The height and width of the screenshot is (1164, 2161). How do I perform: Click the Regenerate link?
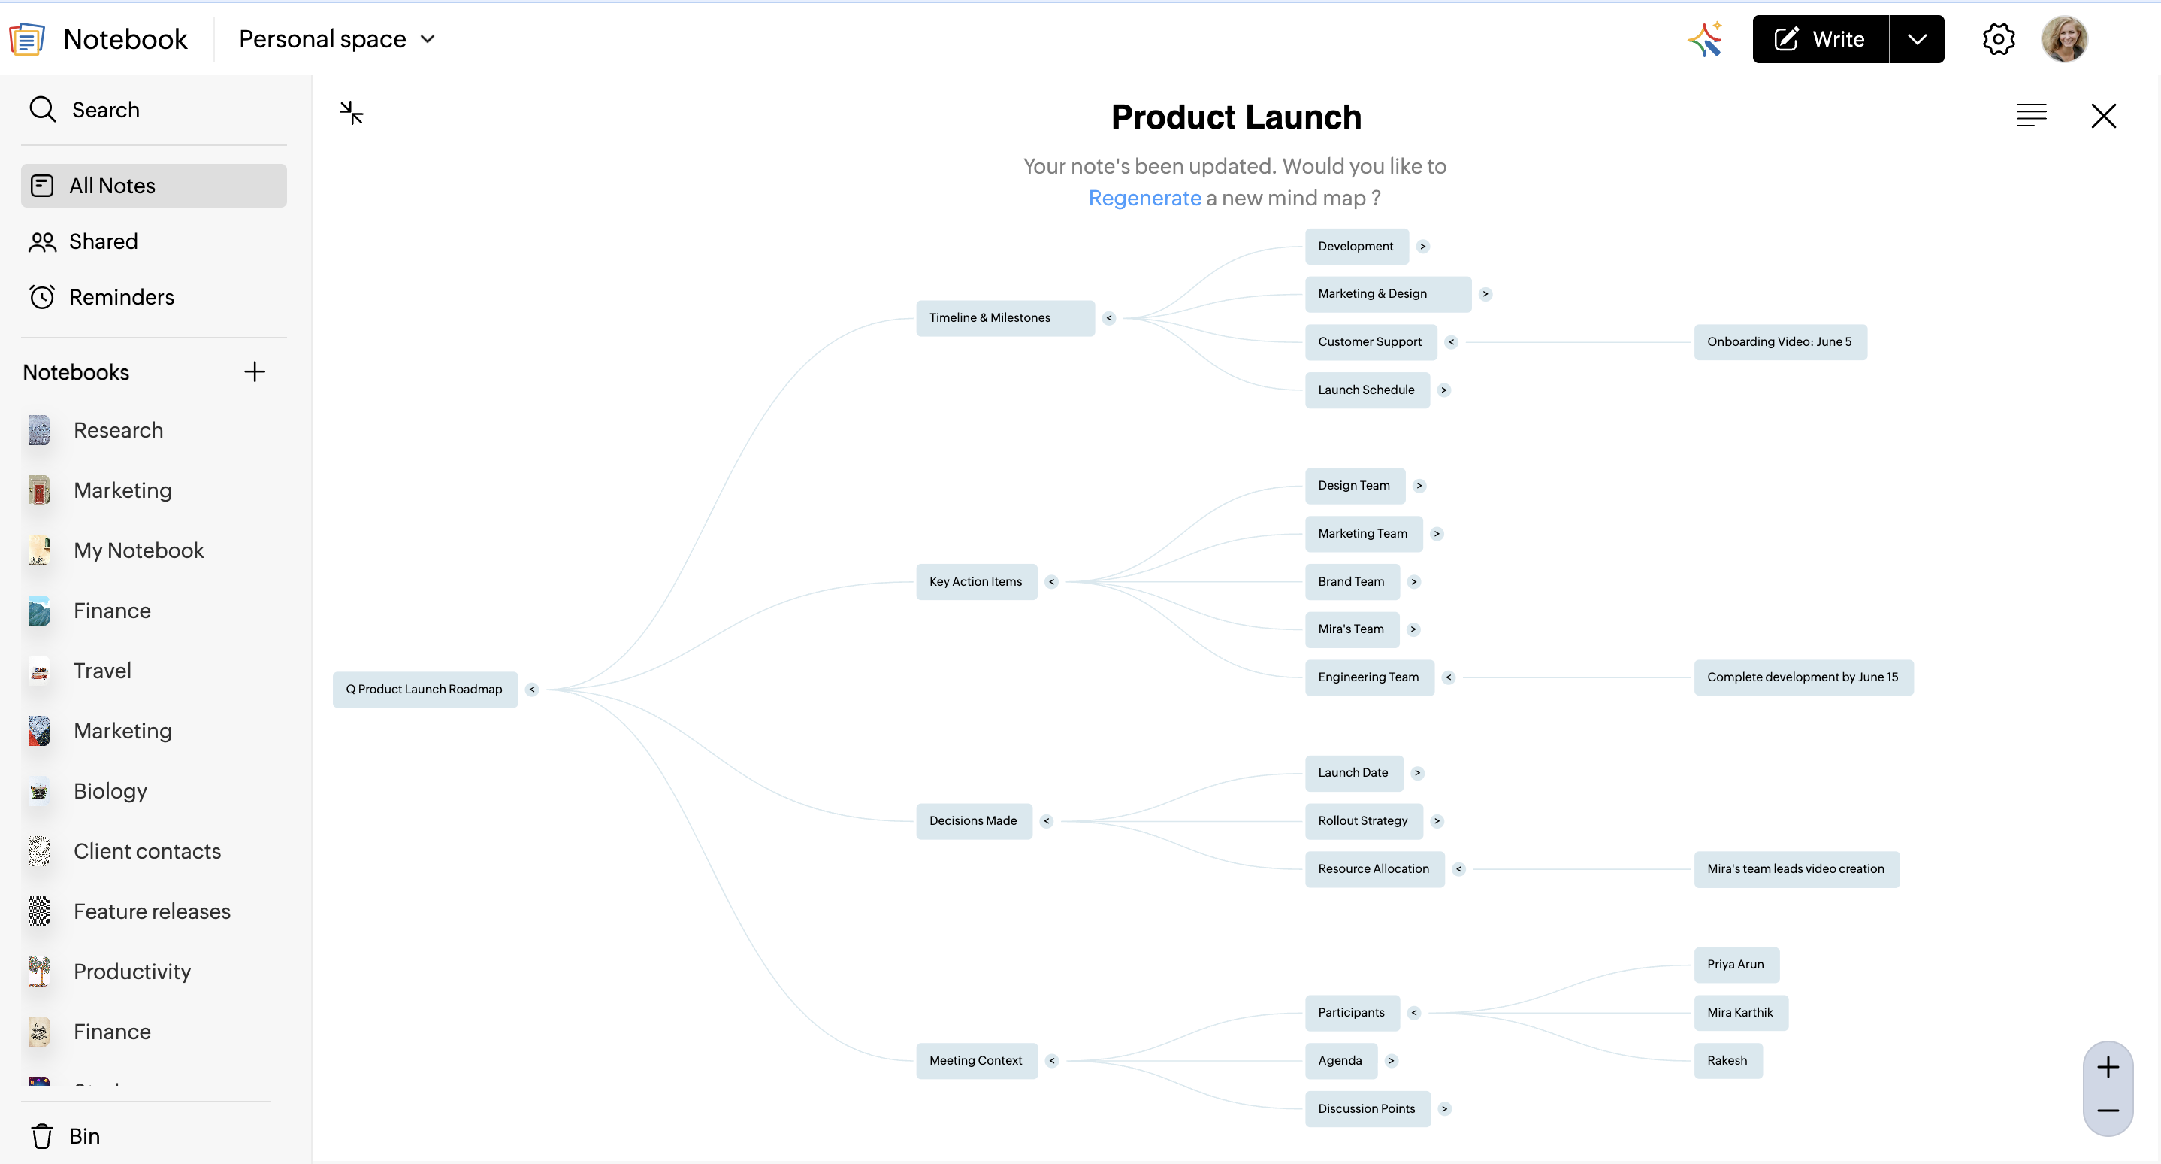tap(1144, 198)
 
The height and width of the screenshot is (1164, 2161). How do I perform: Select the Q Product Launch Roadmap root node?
tap(425, 689)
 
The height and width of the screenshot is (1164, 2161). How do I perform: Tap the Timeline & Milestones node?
tap(1005, 318)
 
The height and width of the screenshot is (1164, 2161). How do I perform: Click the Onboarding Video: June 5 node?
tap(1780, 341)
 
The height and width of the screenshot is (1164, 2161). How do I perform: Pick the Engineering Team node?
tap(1369, 677)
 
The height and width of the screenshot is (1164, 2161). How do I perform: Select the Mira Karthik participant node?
tap(1741, 1012)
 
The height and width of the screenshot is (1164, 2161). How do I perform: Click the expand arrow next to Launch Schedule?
tap(1443, 390)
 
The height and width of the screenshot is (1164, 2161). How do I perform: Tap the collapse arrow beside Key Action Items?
tap(1051, 581)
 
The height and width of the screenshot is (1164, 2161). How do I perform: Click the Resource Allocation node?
tap(1374, 868)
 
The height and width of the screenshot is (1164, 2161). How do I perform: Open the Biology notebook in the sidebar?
tap(110, 790)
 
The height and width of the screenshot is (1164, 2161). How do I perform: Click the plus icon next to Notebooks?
tap(254, 371)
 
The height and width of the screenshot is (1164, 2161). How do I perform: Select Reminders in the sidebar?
tap(122, 297)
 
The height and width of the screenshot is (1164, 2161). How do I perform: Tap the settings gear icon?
tap(1998, 38)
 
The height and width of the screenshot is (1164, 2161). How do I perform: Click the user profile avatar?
tap(2063, 38)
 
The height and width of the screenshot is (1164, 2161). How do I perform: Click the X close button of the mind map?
tap(2103, 116)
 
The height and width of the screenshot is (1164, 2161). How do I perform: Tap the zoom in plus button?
tap(2108, 1067)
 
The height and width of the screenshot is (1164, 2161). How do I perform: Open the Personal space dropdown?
tap(337, 38)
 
